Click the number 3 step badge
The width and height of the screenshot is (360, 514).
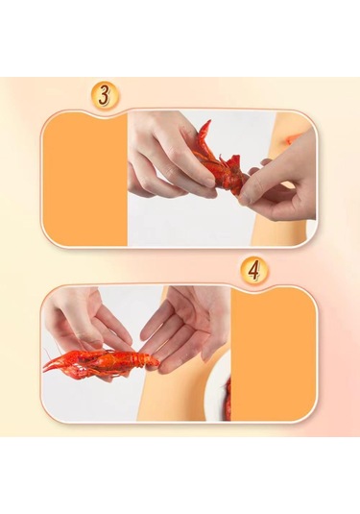click(105, 95)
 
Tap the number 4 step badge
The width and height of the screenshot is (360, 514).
click(254, 272)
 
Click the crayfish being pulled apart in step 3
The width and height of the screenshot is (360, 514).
click(219, 160)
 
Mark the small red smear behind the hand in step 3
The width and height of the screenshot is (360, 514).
click(289, 140)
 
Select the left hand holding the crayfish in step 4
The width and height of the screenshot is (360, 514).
click(88, 331)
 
